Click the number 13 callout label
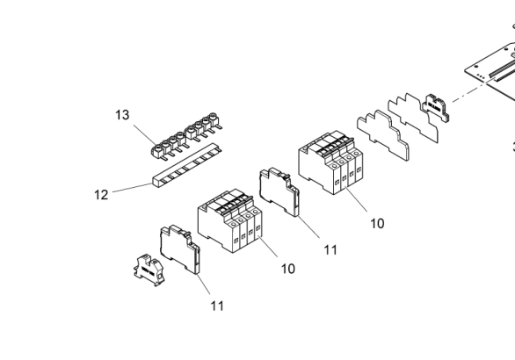(122, 115)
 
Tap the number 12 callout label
(101, 195)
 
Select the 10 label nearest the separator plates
(377, 224)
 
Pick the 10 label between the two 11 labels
(288, 269)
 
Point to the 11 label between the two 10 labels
(330, 250)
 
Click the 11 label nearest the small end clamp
(217, 306)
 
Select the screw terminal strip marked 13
(187, 136)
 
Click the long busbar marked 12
(187, 165)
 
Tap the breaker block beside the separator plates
(330, 162)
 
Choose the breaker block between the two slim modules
(230, 220)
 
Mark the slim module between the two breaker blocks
(279, 192)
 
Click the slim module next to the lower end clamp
(180, 249)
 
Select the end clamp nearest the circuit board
(436, 109)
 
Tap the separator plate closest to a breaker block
(383, 135)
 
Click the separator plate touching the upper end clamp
(413, 118)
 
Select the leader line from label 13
(145, 134)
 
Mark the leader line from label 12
(133, 188)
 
